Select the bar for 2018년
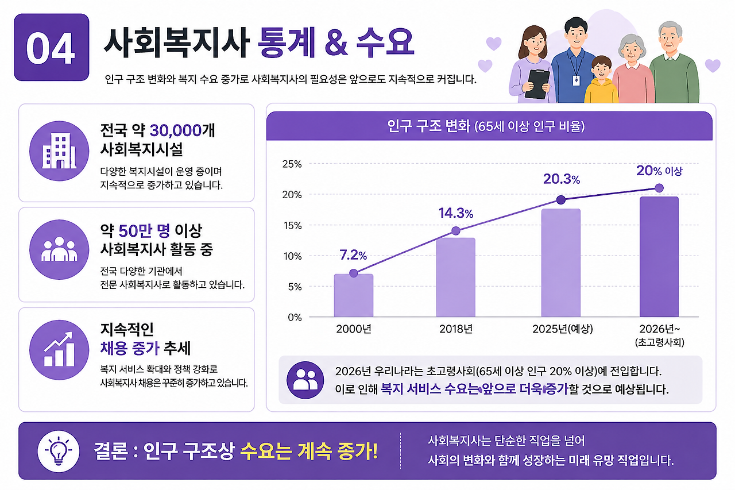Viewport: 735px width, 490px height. point(456,277)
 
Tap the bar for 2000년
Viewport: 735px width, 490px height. point(353,295)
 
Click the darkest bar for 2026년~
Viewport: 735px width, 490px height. point(659,257)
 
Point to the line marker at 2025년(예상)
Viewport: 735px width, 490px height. point(561,199)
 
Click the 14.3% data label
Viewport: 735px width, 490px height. point(456,213)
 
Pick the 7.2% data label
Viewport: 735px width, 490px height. point(353,255)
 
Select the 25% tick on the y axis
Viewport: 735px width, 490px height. point(292,164)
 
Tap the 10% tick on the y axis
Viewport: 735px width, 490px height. point(292,256)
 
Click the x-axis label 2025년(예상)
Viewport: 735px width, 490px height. point(562,329)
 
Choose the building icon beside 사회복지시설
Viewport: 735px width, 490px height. point(59,151)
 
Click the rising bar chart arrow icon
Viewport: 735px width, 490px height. point(59,349)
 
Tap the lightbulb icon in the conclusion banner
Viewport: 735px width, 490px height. point(59,451)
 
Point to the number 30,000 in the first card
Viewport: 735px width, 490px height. point(176,130)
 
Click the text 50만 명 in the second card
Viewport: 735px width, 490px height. point(144,231)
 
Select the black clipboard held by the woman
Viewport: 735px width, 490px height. point(537,84)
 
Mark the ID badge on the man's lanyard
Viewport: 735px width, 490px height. point(576,80)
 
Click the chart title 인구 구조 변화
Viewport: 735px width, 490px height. point(428,126)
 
